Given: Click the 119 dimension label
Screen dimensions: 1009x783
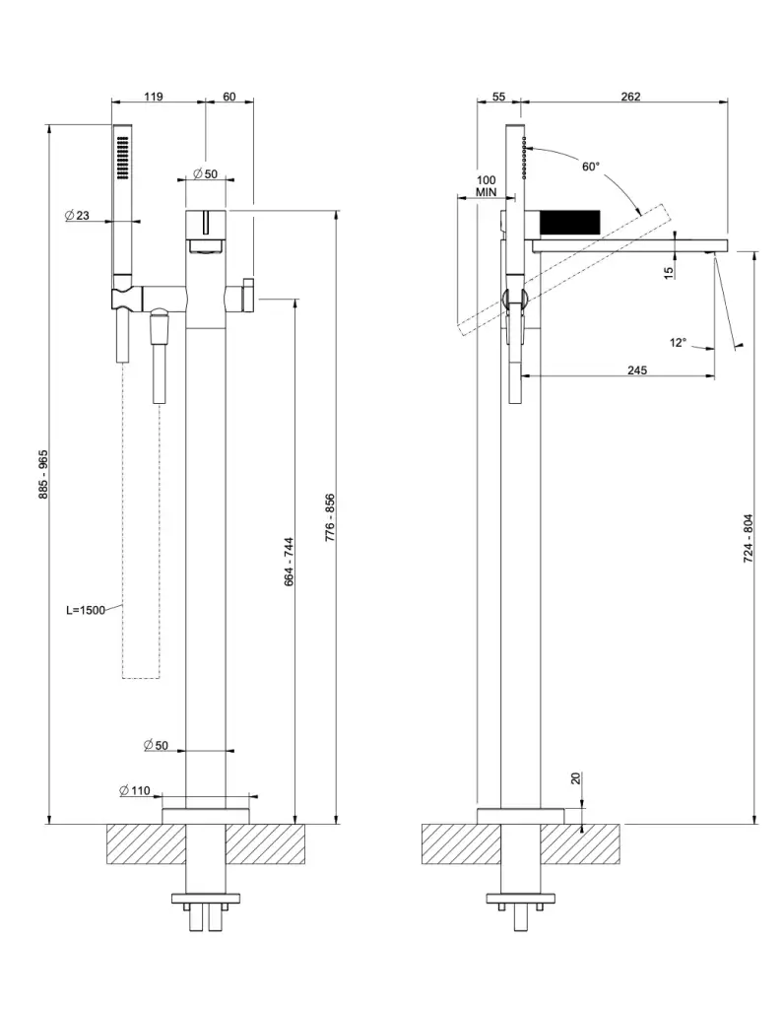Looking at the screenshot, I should coord(153,97).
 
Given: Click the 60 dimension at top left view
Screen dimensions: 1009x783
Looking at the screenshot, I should coord(229,97).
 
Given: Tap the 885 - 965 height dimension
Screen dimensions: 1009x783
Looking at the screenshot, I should coord(42,474).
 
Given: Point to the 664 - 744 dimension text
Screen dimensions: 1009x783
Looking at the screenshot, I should coord(289,563).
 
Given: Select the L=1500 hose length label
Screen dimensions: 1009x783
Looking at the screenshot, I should coord(86,610).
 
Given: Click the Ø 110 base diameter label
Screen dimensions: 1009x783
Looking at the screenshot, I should coord(134,791).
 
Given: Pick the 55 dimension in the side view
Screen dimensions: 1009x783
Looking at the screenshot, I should coord(497,97).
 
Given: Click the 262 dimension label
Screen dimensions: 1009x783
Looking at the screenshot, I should coord(631,97).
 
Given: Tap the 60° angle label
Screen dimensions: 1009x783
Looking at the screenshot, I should coord(590,167).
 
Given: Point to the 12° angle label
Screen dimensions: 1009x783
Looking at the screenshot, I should coord(678,343).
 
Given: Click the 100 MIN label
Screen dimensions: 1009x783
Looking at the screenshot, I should coord(486,187).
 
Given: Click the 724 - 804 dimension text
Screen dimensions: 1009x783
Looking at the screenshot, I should coord(749,538).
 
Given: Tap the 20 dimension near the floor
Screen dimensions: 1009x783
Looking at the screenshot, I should coord(576,778).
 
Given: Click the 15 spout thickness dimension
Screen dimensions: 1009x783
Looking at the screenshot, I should coord(669,271).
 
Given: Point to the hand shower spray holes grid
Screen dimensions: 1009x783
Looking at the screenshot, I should coord(122,158).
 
